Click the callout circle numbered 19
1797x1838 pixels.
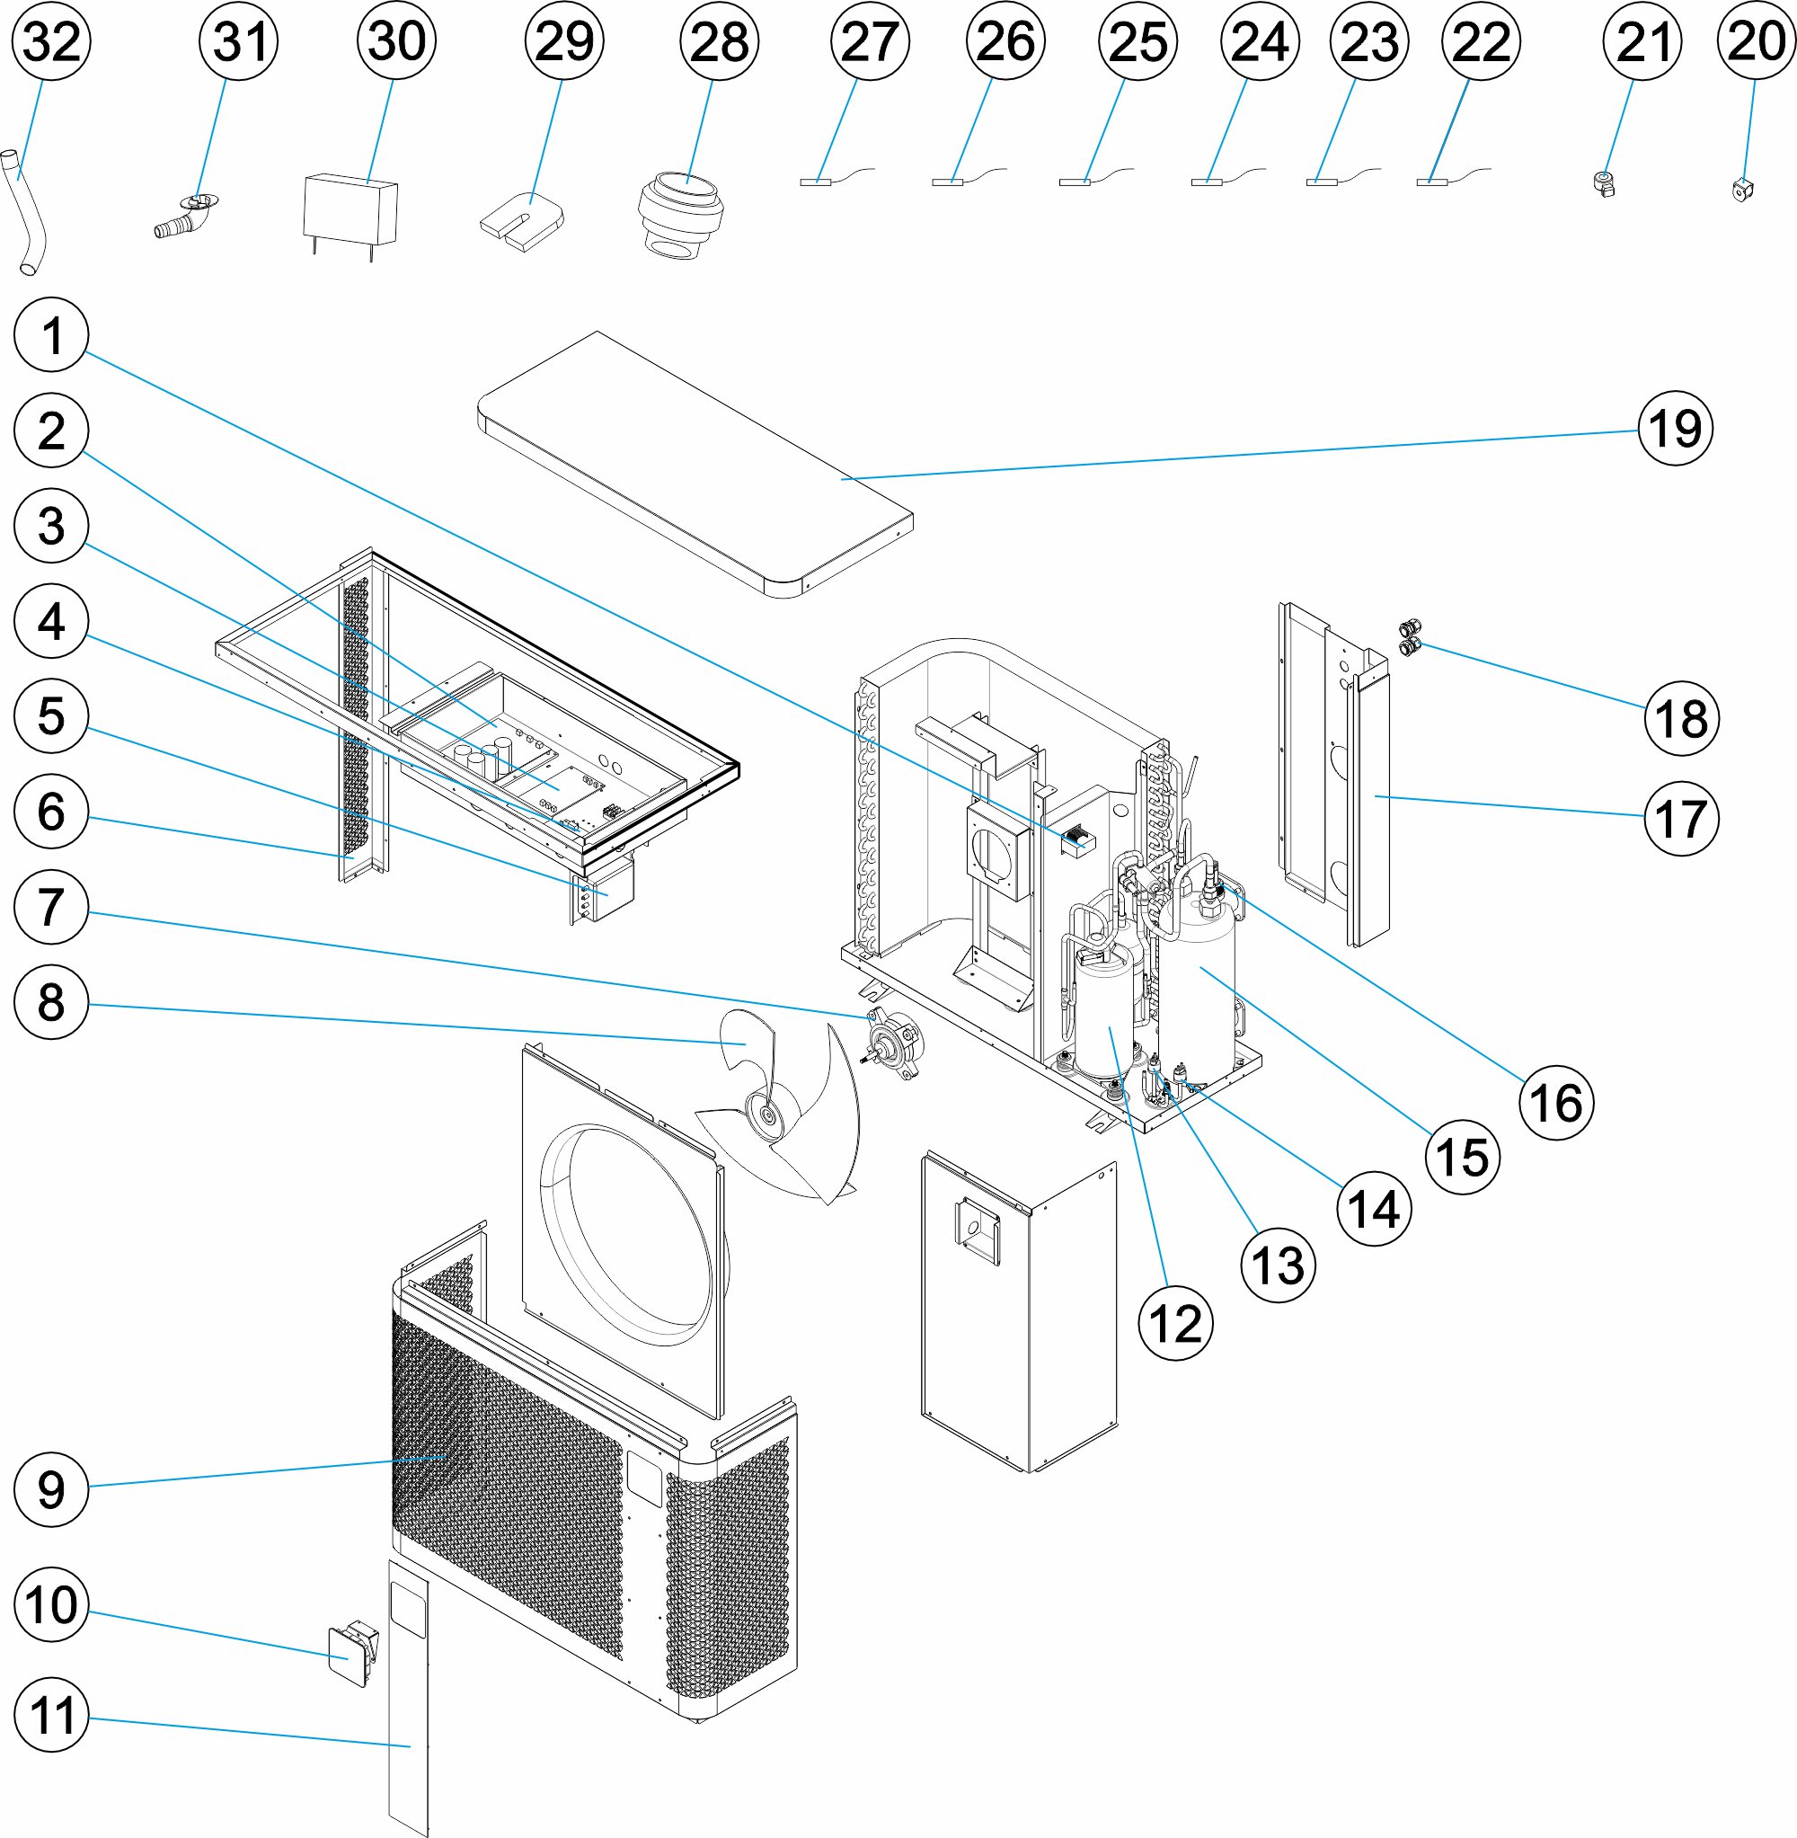1675,429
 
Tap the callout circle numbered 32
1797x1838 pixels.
52,41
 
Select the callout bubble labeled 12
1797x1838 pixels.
1175,1324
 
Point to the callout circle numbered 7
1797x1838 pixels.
52,907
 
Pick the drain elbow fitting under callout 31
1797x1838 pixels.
184,218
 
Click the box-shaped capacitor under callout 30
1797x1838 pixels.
350,210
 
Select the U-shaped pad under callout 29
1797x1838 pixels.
522,223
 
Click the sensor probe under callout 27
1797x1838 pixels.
816,182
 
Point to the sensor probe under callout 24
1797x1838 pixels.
1206,182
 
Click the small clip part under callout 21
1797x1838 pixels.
1603,183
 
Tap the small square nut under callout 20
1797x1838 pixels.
1742,191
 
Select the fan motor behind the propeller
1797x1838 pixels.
893,1044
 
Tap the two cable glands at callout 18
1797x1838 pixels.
1409,637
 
